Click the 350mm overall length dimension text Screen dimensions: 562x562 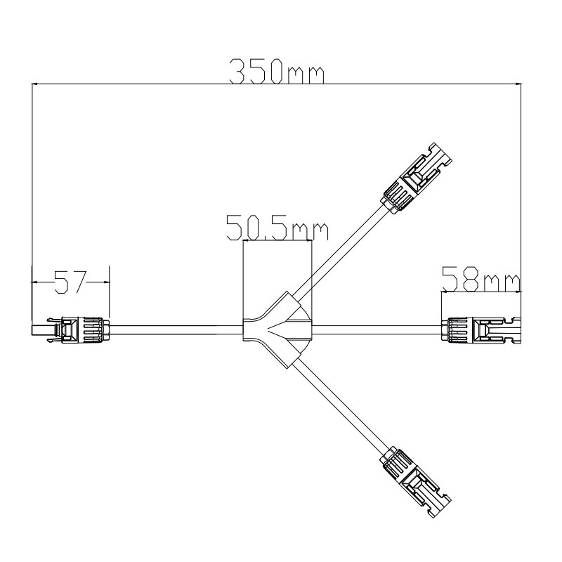pos(278,72)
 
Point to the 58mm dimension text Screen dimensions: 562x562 pos(481,280)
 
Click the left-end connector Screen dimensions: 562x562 pos(70,329)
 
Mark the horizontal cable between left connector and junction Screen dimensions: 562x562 pos(176,329)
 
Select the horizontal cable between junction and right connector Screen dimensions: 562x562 pos(372,329)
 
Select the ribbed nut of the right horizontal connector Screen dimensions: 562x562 pos(455,329)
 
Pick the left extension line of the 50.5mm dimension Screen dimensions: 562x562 pos(242,281)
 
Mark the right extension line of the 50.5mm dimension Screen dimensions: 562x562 pos(311,281)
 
